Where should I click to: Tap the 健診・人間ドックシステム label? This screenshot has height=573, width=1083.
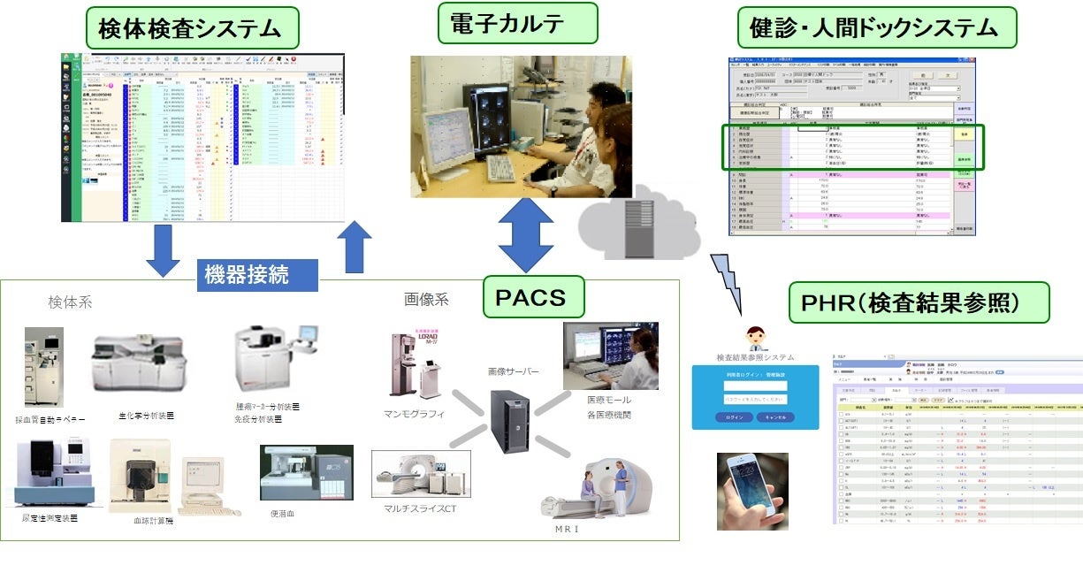pos(876,28)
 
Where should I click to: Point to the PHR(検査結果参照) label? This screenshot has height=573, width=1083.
pos(918,302)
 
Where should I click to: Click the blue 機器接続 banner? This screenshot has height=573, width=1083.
pos(256,274)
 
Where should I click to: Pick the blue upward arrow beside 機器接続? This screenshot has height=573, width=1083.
pos(354,248)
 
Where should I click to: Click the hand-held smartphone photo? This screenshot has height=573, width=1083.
pos(751,492)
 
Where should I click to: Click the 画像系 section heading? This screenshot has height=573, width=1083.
pos(426,300)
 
